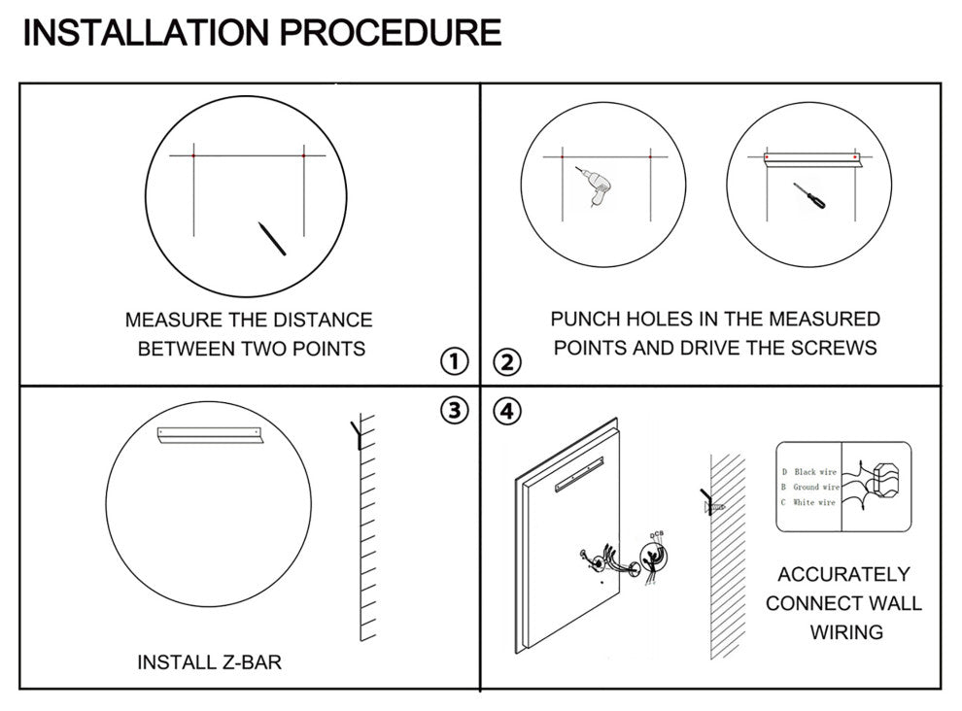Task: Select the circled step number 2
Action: coord(506,363)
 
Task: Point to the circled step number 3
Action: coord(454,410)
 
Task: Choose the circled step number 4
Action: coord(506,410)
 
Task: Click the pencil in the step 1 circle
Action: coord(271,239)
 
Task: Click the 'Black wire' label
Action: coord(814,472)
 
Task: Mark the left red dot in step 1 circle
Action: coord(194,155)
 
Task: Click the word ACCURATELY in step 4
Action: coord(843,574)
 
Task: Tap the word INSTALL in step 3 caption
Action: coord(169,663)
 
